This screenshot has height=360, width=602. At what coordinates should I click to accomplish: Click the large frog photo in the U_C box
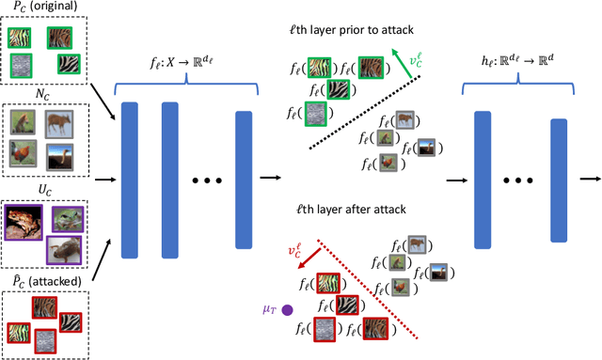point(32,219)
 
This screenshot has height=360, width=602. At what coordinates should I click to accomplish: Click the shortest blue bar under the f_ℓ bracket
point(244,180)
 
